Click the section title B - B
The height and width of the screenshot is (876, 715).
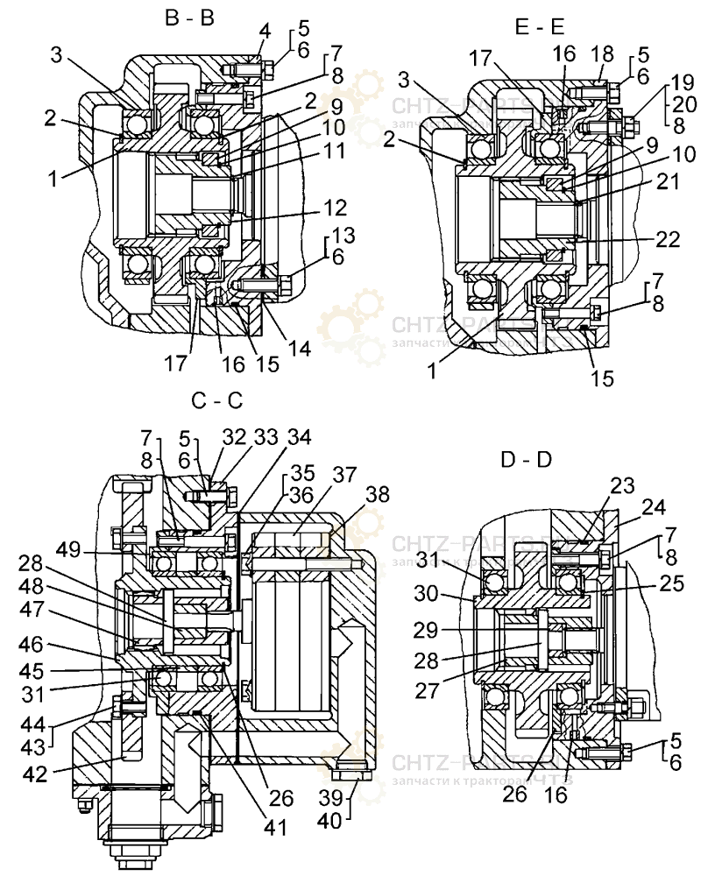pos(190,18)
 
